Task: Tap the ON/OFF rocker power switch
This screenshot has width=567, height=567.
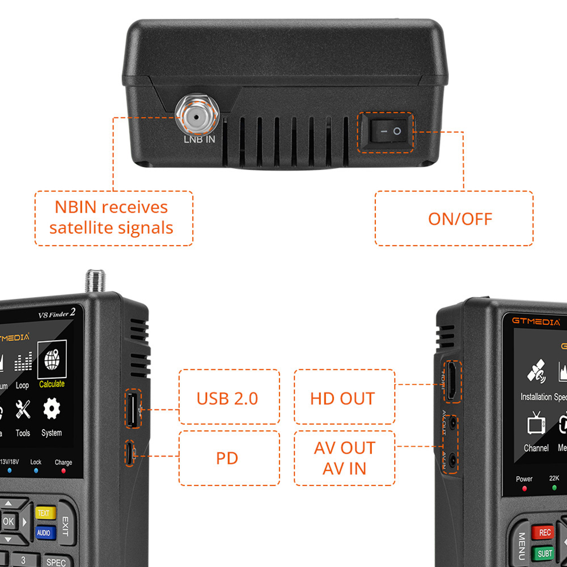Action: [386, 132]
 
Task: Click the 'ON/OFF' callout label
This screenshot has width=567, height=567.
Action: [454, 218]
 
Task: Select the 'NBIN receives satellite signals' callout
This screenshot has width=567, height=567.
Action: [113, 218]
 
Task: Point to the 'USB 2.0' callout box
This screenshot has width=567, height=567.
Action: [229, 397]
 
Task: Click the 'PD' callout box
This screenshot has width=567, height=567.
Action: [229, 458]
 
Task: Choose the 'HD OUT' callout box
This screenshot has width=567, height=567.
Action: [344, 397]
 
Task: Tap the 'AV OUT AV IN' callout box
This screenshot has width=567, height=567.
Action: [344, 458]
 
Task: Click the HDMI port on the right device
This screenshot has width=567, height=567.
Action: [452, 382]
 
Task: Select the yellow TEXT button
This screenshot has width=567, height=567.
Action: [44, 513]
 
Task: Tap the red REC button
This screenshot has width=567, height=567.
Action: [544, 532]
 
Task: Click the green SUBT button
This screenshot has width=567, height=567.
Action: [544, 553]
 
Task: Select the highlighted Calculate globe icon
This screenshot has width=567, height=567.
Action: [52, 358]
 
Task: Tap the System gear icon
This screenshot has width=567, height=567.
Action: [52, 409]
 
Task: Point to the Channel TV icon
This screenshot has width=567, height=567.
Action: [536, 424]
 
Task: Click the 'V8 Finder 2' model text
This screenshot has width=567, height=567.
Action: [57, 313]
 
